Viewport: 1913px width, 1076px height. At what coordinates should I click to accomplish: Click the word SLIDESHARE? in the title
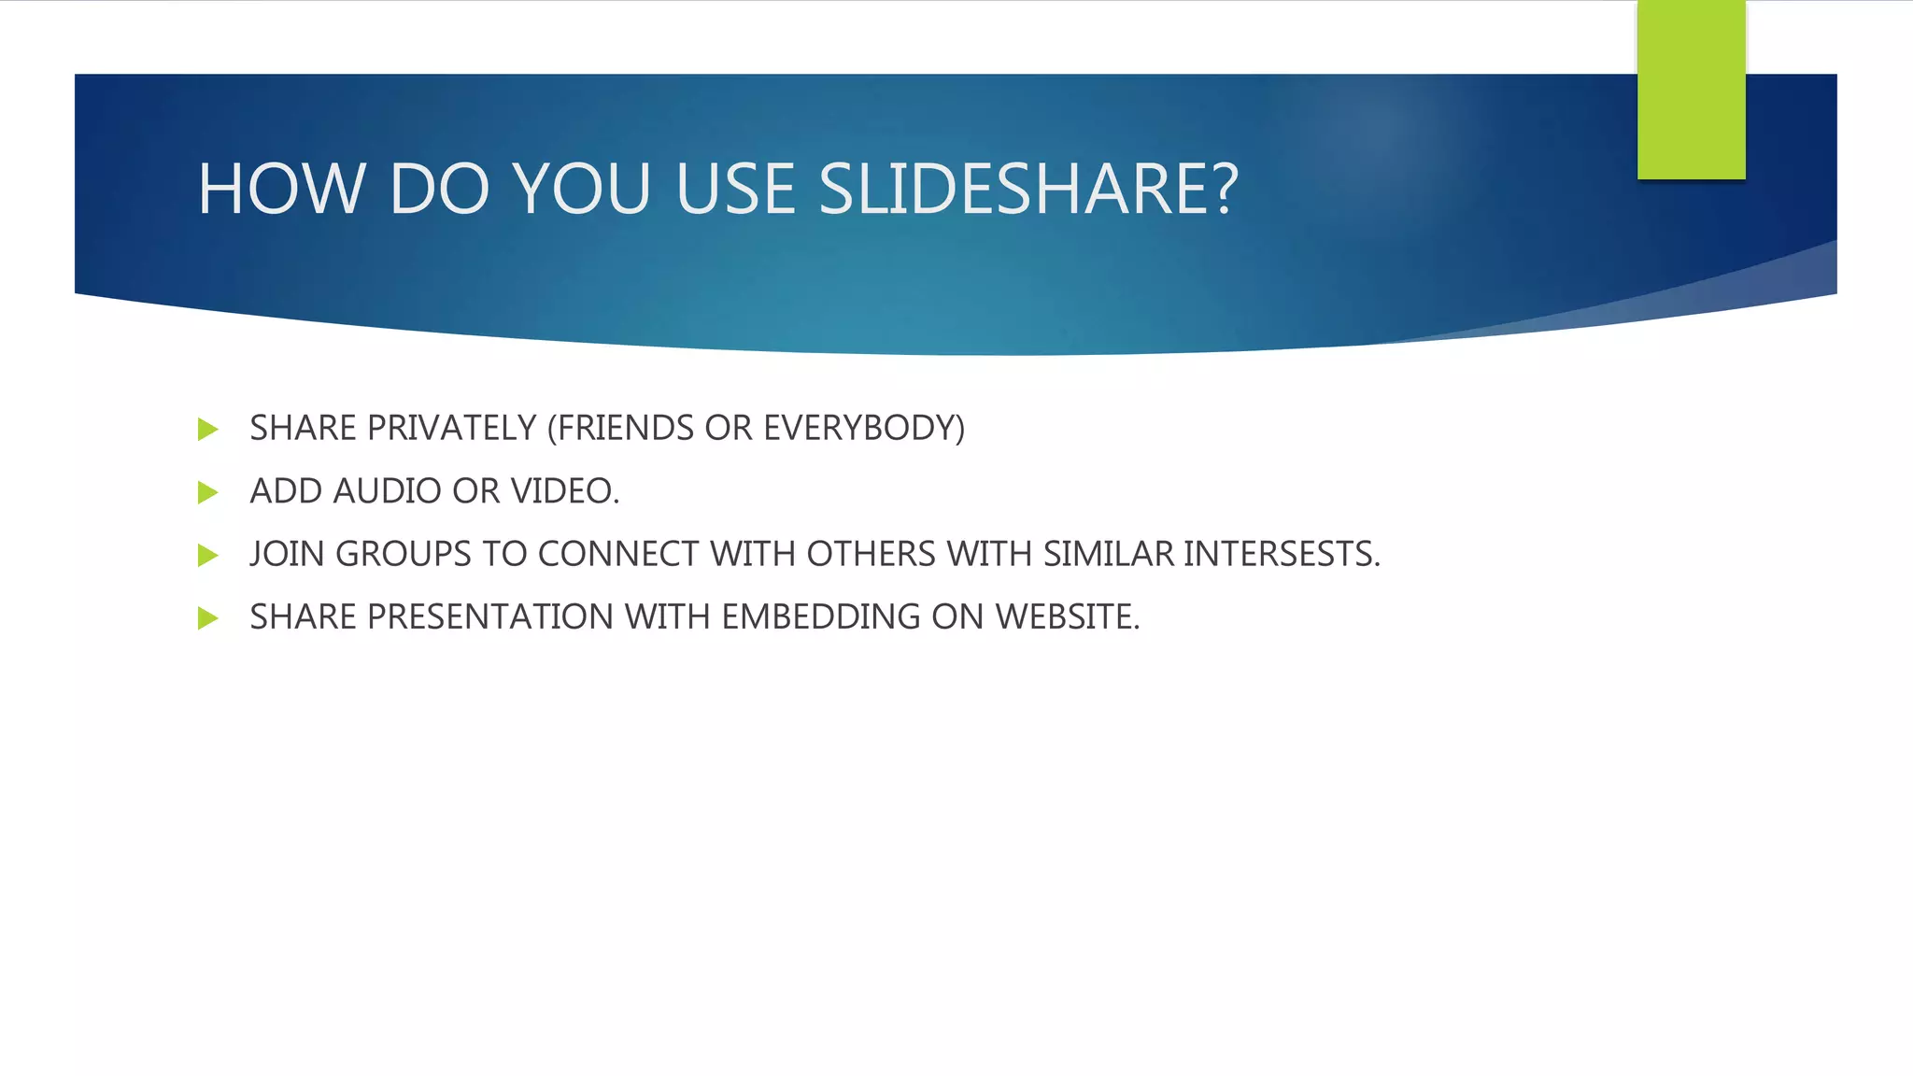1027,189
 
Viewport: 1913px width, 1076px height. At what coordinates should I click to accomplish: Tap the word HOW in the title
281,189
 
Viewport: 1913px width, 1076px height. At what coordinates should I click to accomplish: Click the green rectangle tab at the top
1691,90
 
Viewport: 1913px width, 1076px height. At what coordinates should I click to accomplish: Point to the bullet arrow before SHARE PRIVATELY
208,430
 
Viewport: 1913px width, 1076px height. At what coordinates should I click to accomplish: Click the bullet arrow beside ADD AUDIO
208,492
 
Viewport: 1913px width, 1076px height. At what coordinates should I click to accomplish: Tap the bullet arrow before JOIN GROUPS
208,556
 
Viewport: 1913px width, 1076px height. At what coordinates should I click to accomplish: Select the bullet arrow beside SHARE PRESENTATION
208,618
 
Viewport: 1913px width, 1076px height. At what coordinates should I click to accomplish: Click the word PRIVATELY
452,428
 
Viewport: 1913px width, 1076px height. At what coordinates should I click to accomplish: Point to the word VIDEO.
564,491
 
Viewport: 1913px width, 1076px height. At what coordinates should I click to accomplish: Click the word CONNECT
617,554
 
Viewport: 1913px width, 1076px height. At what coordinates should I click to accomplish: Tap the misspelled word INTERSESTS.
1282,554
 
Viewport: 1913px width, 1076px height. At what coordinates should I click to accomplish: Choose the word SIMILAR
1109,554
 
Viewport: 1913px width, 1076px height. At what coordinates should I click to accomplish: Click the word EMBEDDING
821,616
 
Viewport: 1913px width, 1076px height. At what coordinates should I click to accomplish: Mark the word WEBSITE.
1068,616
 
